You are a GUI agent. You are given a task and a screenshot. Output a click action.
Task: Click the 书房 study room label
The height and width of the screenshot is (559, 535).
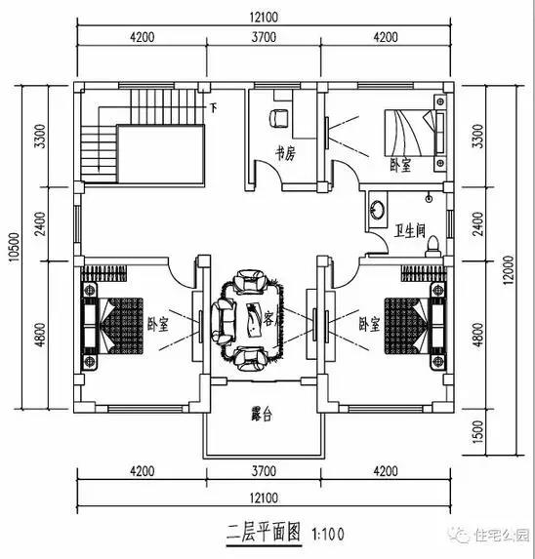coord(285,154)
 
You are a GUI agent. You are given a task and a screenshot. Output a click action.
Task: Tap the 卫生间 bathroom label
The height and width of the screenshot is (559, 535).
coord(409,231)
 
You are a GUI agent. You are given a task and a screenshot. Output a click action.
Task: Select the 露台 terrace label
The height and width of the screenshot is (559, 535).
coord(262,415)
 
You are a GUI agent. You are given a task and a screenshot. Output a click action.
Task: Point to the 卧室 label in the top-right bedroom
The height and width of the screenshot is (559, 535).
coord(399,165)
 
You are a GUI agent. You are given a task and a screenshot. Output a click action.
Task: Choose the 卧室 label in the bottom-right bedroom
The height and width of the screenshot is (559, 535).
coord(368,322)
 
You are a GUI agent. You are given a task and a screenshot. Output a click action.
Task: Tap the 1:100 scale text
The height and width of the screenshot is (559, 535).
coord(327,535)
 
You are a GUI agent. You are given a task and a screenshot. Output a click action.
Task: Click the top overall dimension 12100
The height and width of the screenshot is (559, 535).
coord(263,17)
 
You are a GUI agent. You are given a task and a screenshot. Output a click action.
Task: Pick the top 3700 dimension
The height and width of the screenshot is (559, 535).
coord(263,38)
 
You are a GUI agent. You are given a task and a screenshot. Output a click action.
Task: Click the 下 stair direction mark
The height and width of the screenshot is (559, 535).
coord(214,102)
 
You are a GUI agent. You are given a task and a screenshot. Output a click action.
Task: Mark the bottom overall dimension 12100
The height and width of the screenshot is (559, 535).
coord(263,497)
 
